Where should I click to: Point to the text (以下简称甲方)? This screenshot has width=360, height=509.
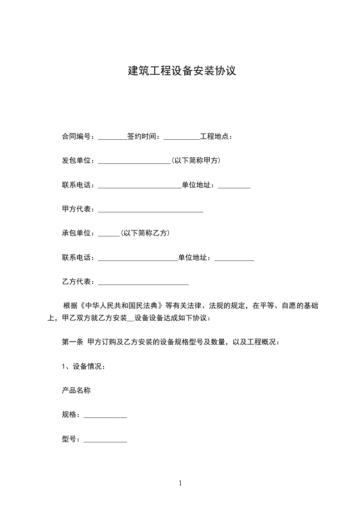[196, 161]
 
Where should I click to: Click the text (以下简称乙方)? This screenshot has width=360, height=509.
[145, 233]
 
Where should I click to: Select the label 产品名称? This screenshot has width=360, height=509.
[76, 390]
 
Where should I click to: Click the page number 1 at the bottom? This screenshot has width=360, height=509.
[180, 483]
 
